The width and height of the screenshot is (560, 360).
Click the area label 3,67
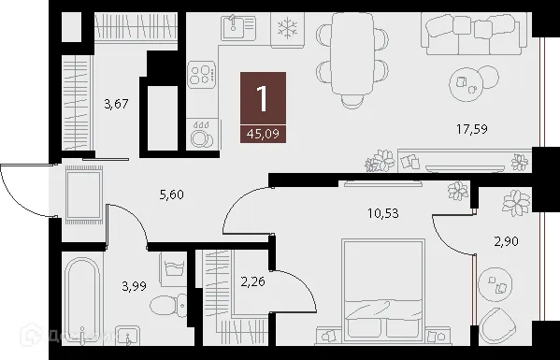pyautogui.click(x=116, y=104)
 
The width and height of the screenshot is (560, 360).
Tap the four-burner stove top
pyautogui.click(x=202, y=76)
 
